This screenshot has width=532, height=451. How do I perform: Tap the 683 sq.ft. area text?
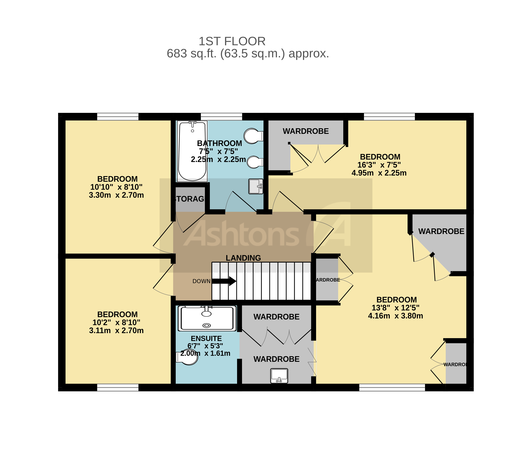click(x=247, y=53)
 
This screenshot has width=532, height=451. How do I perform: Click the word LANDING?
click(x=243, y=258)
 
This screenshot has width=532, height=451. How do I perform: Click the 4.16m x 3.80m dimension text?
click(x=395, y=316)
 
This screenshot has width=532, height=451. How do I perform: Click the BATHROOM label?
click(x=219, y=143)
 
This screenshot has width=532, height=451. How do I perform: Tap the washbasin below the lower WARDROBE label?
click(x=279, y=376)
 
